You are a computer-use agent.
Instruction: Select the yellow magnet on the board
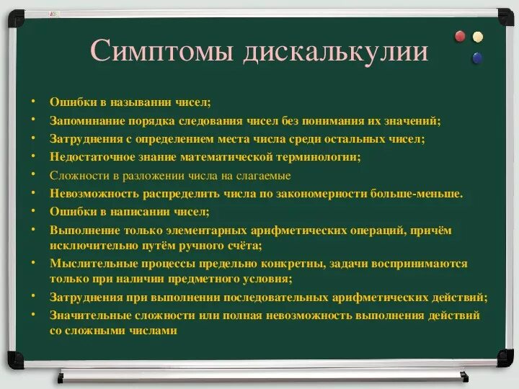477,36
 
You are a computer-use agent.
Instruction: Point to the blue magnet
476,58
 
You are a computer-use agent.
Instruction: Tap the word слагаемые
264,175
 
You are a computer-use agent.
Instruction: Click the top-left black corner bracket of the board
15,17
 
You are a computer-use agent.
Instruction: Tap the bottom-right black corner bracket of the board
505,359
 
